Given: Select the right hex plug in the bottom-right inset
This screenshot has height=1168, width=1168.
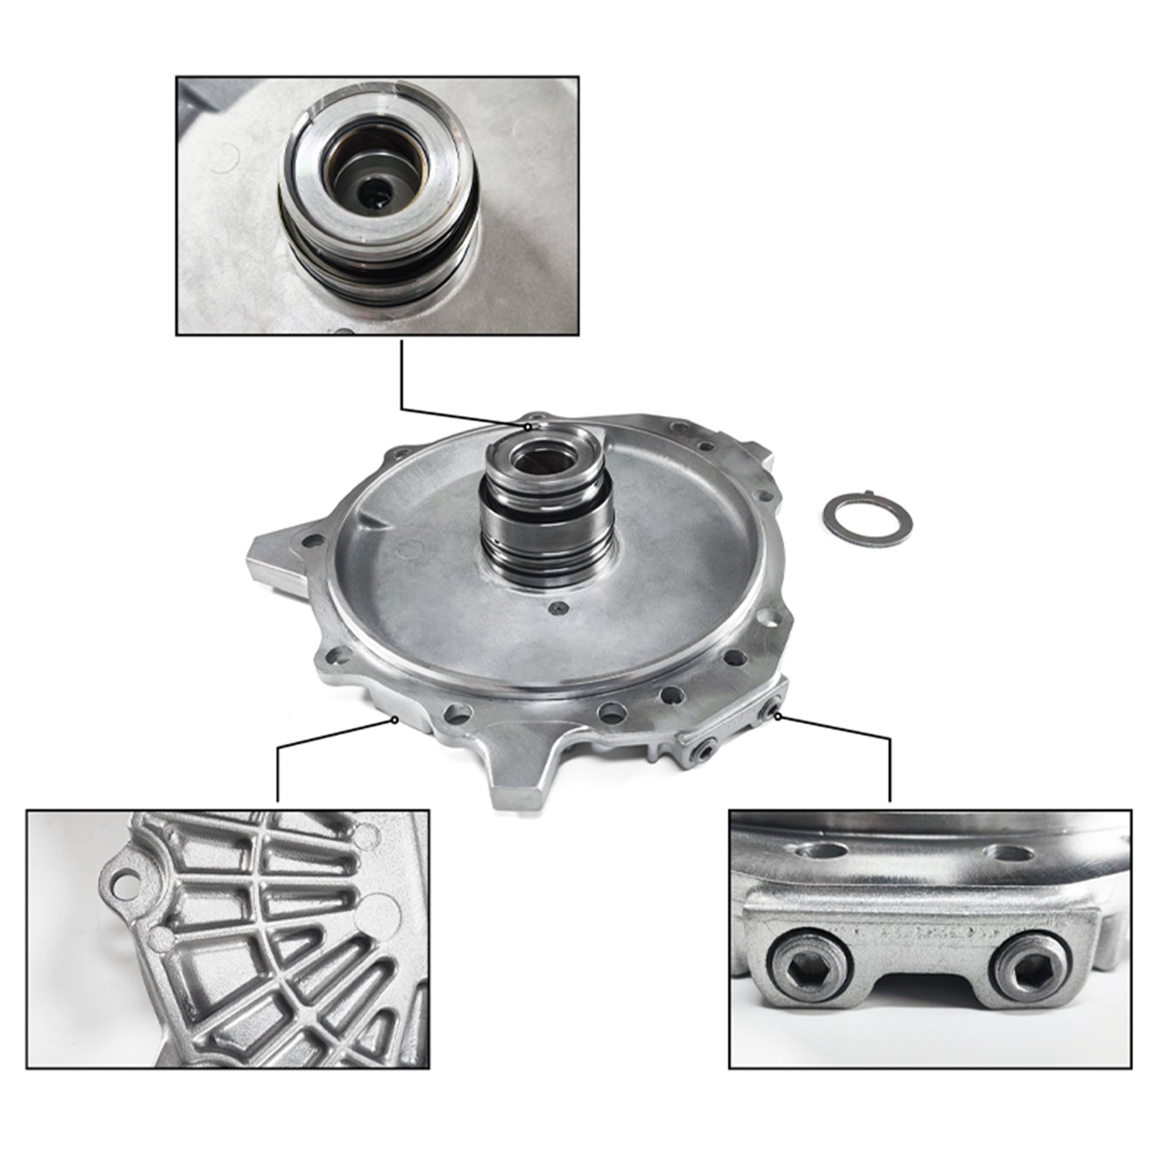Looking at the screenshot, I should (1030, 968).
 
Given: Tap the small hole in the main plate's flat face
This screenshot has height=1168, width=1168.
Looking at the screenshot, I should (558, 607).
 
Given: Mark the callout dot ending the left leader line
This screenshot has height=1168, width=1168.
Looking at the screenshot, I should (395, 719).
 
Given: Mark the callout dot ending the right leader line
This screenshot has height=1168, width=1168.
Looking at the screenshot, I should (777, 716).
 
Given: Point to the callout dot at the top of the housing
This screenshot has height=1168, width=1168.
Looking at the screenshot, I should (528, 426).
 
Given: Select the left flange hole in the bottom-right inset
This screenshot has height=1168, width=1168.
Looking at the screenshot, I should (823, 851).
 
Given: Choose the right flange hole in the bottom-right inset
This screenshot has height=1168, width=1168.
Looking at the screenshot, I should (1009, 853).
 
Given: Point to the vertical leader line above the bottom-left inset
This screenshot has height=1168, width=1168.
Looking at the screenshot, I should (278, 774).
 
